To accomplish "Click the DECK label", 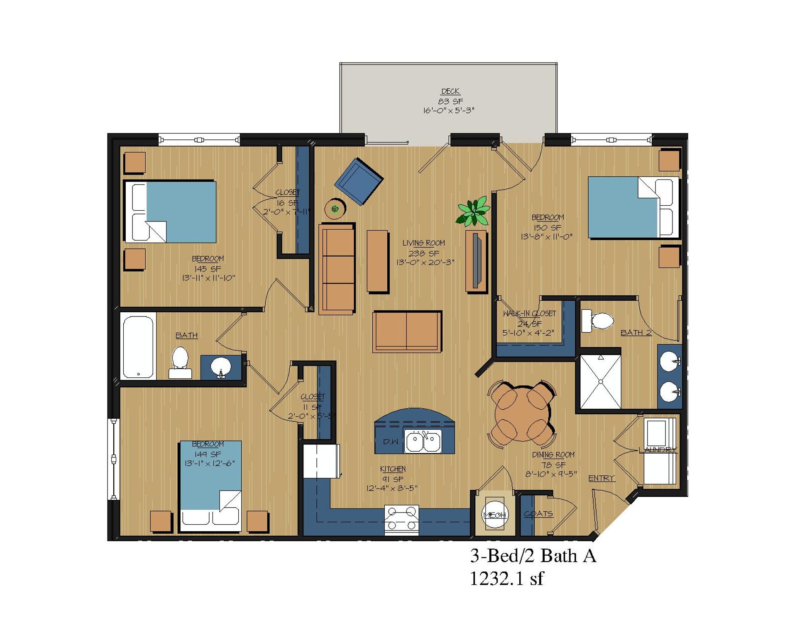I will [450, 91].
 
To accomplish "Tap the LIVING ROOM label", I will [423, 243].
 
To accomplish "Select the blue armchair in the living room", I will [359, 181].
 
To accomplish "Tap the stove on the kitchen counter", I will [401, 520].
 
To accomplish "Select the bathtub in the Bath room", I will [138, 346].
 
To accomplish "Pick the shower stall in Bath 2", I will [600, 382].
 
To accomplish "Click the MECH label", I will [495, 515].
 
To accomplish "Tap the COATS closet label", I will [538, 514].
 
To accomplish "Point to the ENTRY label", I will [601, 478].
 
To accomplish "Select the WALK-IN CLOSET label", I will [529, 314].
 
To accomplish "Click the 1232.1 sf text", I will [506, 579].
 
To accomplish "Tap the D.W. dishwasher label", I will [391, 442].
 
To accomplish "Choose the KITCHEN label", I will [393, 469].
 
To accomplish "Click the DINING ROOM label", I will [553, 455].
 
